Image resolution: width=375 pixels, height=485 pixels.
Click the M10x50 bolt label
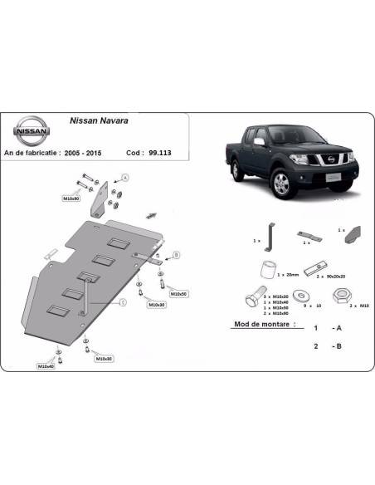point(178,294)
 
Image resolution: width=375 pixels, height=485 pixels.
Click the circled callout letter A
point(125,177)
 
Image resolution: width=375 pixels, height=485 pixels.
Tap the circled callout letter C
point(121,302)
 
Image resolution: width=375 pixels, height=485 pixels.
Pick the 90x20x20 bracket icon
point(312,267)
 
